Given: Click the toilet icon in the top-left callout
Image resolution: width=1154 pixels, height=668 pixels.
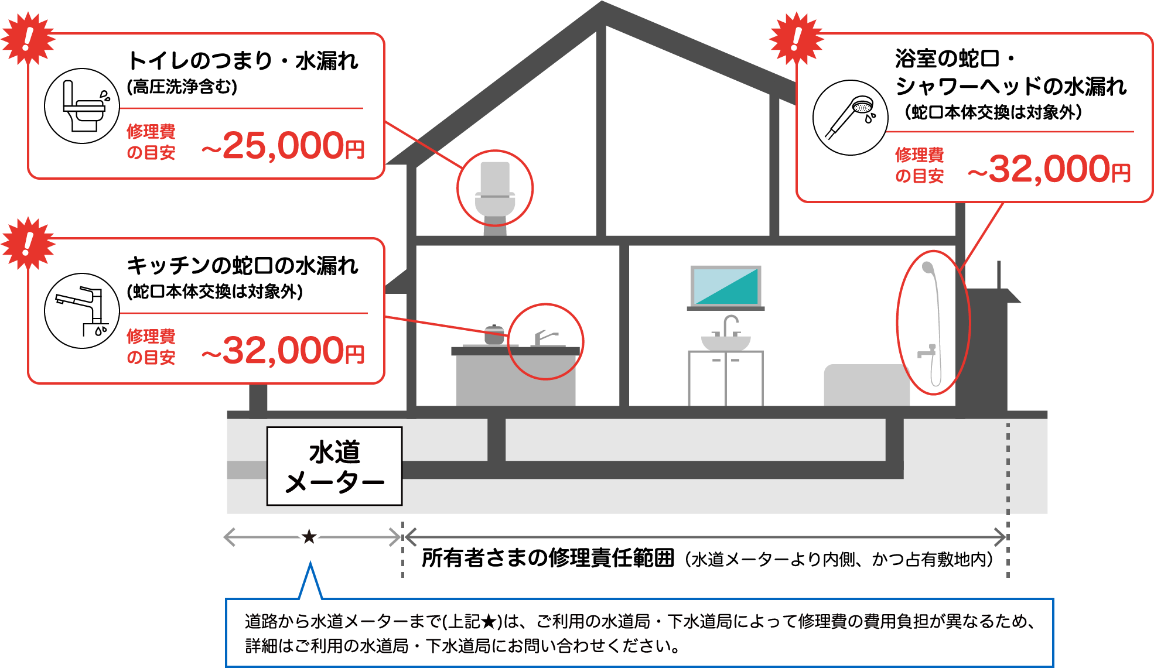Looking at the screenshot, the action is coord(82,106).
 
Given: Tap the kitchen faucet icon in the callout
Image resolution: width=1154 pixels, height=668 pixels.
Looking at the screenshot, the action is coord(82,311).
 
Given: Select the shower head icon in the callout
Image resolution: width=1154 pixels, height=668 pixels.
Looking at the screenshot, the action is coord(851,118).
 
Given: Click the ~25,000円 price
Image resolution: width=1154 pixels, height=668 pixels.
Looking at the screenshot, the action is coord(283,145).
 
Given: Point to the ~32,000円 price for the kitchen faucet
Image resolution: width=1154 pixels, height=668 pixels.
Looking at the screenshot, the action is coord(283,350).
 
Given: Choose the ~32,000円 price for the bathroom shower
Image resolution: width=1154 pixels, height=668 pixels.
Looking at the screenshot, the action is coord(1049,169).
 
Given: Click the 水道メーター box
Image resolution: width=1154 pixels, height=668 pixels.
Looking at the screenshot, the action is coord(334,466).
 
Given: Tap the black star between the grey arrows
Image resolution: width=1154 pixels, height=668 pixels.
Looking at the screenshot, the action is coord(309,536).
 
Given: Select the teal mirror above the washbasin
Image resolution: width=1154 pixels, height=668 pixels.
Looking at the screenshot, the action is coord(726,286).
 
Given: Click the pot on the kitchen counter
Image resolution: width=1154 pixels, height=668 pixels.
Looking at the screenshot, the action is coord(494,334).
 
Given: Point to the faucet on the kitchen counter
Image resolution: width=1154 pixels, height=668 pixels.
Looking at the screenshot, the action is coord(545,338).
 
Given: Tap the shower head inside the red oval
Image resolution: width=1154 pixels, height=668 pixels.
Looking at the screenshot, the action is coord(928,268).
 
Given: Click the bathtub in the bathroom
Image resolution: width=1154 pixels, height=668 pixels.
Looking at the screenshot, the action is coord(866,385).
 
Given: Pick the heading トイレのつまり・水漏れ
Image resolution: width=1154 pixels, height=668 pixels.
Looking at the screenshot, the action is coord(243,61).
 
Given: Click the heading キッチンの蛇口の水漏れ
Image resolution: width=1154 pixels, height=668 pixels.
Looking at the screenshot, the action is coord(243,266).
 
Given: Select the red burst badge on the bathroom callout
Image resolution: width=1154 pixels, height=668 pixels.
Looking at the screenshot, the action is coord(796,39).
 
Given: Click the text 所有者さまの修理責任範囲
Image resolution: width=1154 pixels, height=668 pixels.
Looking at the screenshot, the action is coord(548,558).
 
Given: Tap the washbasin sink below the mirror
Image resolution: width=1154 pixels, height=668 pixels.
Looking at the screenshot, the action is coord(726,342).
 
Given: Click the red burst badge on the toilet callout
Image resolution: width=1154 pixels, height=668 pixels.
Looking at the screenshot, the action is coord(28,39).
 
